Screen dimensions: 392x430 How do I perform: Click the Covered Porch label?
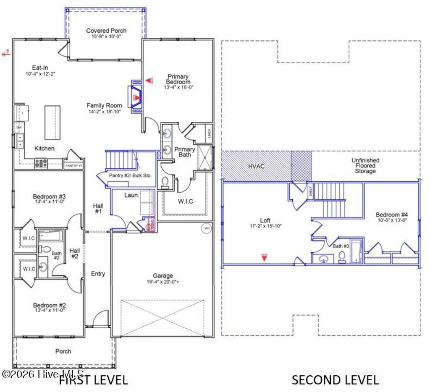(106, 31)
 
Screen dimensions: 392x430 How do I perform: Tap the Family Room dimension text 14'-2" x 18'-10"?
(104, 112)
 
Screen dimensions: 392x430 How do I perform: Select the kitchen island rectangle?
(52, 122)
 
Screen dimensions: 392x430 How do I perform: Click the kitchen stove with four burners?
(41, 163)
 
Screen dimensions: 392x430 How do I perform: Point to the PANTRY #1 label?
(73, 166)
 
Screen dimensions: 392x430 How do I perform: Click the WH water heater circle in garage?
(206, 228)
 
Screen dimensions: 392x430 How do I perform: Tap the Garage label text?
(163, 276)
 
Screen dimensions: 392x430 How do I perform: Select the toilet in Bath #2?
(43, 249)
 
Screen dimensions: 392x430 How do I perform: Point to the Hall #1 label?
(98, 209)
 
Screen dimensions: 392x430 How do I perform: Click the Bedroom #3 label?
(49, 196)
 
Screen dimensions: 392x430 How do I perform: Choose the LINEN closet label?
(209, 133)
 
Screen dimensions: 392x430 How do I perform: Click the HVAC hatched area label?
(256, 166)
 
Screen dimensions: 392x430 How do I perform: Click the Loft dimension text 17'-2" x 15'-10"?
(265, 226)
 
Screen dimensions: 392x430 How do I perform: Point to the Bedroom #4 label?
(392, 214)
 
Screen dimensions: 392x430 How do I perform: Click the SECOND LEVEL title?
(335, 380)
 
